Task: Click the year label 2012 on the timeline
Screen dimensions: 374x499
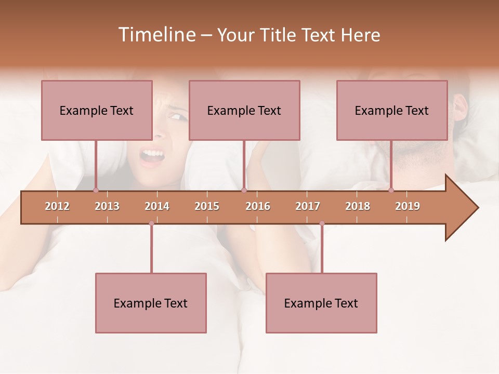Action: [x=57, y=206]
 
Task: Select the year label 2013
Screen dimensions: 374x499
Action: [x=107, y=206]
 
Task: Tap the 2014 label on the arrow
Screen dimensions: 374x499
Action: [x=157, y=206]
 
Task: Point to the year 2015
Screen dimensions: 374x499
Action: [x=207, y=206]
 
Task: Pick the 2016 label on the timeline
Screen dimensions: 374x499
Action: [x=258, y=206]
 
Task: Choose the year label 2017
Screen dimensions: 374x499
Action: [x=308, y=206]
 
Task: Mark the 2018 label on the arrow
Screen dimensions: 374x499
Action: [x=358, y=206]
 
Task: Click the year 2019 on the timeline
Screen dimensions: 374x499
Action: [x=408, y=206]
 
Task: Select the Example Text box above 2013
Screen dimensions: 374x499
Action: [x=97, y=110]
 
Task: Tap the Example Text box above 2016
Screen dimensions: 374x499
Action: [x=244, y=110]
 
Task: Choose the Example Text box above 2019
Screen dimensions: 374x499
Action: [x=392, y=110]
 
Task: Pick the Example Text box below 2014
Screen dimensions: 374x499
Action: [x=151, y=303]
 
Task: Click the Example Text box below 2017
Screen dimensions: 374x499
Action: [x=321, y=303]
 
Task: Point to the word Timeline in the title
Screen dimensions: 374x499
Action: [x=156, y=35]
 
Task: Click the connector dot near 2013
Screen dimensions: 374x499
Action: [x=96, y=190]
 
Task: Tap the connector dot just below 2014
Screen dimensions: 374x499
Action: [x=151, y=223]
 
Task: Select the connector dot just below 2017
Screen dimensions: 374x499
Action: [x=322, y=223]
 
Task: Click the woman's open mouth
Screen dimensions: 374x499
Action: [x=152, y=155]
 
